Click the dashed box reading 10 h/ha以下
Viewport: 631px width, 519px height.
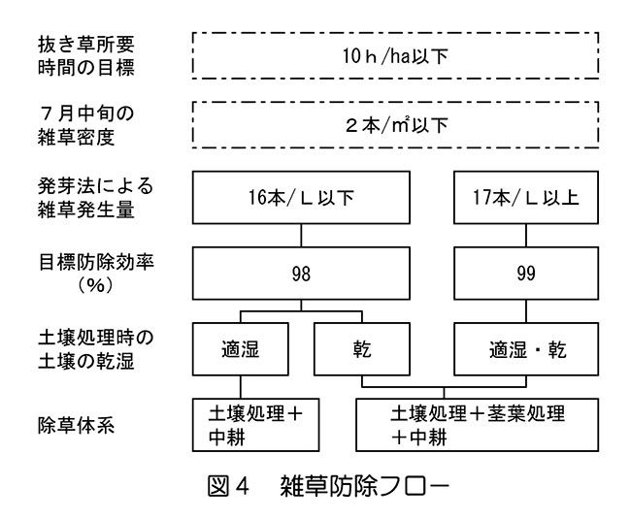[x=396, y=55]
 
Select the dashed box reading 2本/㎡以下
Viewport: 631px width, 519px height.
[x=396, y=124]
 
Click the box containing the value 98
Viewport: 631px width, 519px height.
[x=301, y=274]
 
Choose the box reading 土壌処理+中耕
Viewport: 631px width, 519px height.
[x=255, y=425]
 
